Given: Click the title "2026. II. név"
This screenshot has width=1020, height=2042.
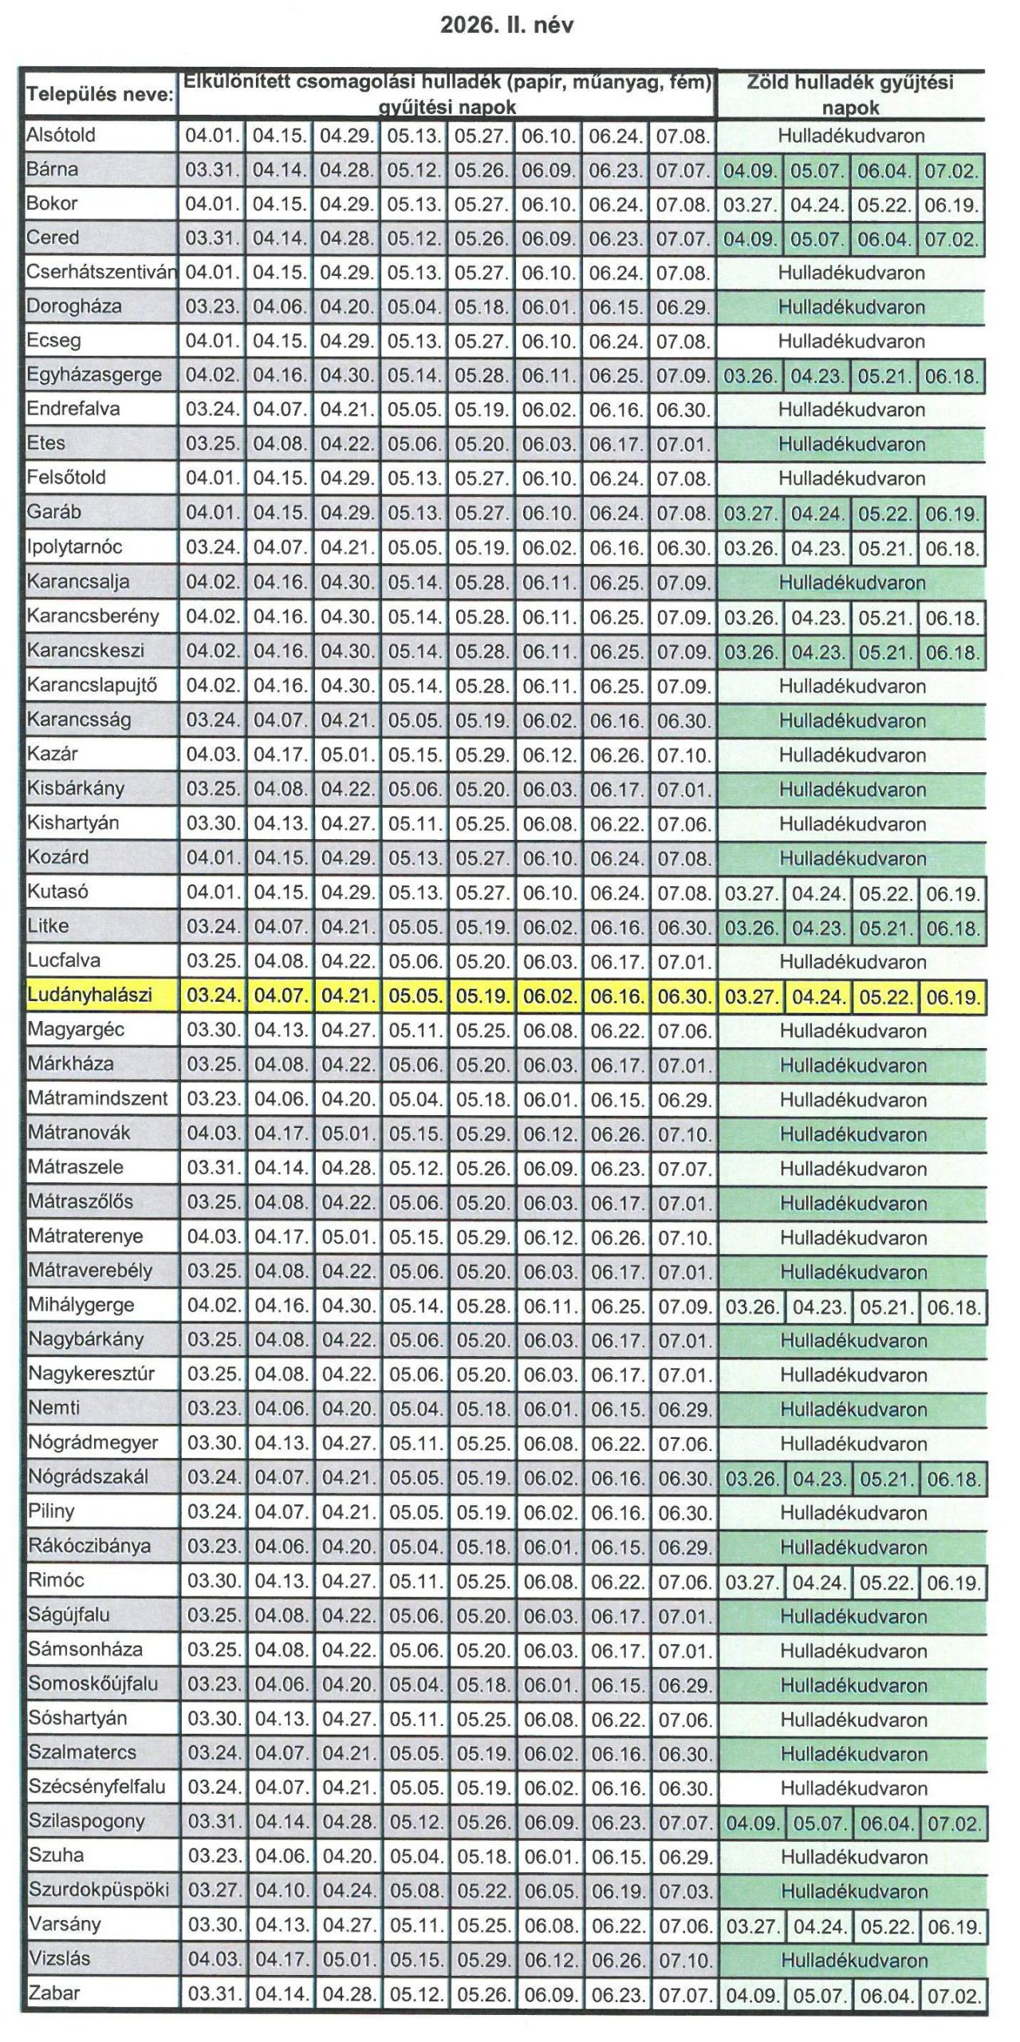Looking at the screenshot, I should tap(506, 26).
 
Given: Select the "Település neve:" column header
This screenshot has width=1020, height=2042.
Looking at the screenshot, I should tap(100, 94).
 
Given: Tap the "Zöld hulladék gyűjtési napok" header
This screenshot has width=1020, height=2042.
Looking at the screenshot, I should tap(850, 94).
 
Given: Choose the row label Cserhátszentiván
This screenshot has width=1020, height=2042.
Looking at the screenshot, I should tap(100, 272).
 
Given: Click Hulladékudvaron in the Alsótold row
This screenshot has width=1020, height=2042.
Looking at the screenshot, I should tap(851, 136).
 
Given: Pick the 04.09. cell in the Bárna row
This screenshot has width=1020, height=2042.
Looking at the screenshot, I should tap(750, 171).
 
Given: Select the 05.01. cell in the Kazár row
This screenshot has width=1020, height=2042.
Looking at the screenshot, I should tap(347, 755).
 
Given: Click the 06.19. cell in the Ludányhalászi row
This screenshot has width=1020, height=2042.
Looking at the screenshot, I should tap(952, 997).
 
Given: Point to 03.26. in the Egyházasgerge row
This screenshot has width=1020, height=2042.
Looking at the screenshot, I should tap(750, 376).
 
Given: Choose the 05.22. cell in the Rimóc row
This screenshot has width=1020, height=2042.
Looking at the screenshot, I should tap(885, 1582).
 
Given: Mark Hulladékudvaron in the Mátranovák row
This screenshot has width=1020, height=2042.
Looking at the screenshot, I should tap(853, 1134).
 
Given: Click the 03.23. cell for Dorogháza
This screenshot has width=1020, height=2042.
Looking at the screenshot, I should tap(212, 307).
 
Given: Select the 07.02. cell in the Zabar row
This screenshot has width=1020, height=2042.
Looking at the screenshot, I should tap(954, 1996).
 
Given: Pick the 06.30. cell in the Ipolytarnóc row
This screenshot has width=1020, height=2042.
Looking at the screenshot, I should tap(683, 548).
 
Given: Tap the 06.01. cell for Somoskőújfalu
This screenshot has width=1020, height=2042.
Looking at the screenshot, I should tap(549, 1685).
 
